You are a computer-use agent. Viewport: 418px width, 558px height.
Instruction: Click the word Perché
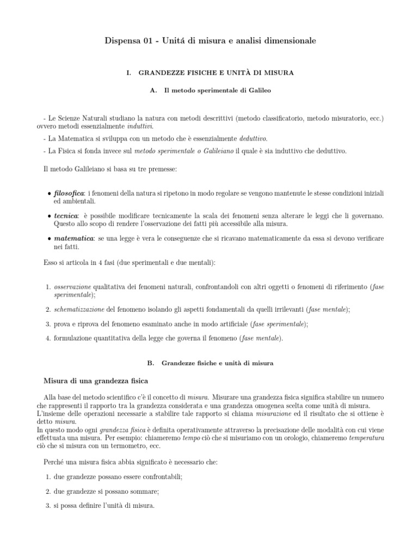[56, 462]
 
